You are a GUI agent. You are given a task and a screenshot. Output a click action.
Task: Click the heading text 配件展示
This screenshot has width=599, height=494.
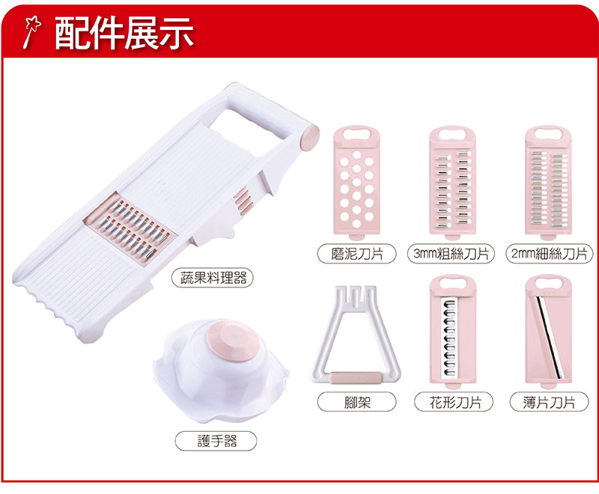[124, 33]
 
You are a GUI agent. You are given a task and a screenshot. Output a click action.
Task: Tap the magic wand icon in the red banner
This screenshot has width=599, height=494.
[31, 31]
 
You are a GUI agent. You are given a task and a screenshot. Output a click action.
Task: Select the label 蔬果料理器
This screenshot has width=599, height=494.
[213, 278]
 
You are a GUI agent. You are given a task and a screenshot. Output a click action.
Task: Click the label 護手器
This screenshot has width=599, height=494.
[216, 441]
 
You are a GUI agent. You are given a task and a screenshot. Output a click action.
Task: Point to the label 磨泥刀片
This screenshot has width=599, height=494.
[357, 253]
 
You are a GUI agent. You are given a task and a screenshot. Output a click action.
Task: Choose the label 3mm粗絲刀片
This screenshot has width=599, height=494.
[451, 253]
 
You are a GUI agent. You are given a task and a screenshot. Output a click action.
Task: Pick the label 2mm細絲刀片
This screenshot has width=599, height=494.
[549, 253]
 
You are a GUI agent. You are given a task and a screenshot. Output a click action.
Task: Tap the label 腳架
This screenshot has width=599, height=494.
[357, 402]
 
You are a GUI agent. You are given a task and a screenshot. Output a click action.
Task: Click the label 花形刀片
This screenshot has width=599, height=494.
[454, 402]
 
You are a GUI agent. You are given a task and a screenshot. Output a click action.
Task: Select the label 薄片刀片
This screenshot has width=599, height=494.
[549, 402]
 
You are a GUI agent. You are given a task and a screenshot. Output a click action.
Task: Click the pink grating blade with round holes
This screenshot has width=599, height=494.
[357, 183]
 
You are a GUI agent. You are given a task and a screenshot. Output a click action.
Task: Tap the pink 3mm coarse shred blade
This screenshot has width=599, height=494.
[453, 183]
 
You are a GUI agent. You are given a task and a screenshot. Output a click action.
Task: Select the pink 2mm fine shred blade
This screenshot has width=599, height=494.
[549, 183]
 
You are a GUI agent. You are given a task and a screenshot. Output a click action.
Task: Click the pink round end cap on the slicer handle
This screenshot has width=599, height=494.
[309, 138]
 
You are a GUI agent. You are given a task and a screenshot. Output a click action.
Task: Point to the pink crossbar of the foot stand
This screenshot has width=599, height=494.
[355, 376]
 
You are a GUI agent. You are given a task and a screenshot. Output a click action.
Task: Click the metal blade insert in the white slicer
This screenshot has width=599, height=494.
[130, 228]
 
